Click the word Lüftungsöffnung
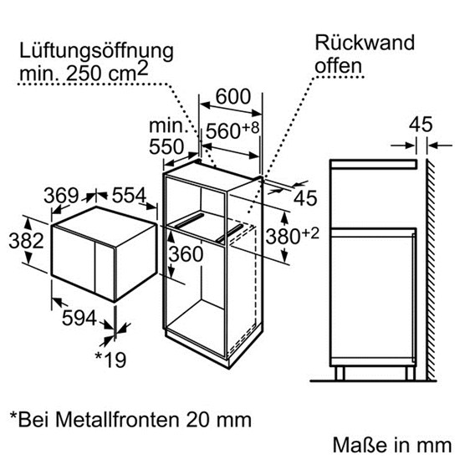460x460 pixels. pos(96,53)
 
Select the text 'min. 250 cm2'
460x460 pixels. pos(84,73)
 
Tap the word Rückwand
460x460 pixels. pos(365,43)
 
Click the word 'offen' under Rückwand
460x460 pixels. pos(338,66)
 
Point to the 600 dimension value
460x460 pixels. pos(233,96)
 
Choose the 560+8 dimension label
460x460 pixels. pos(233,130)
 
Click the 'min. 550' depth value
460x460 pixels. pos(168,136)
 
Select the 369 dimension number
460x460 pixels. pos(61,196)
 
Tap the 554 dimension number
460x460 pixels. pos(129,195)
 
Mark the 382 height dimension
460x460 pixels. pos(27,241)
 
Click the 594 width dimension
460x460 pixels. pos(79,318)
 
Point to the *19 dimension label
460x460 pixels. pos(110,360)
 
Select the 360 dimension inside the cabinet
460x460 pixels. pos(186,253)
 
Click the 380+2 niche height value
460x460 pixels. pos(292,236)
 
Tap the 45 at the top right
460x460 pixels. pos(421,125)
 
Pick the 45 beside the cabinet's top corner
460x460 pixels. pos(305,198)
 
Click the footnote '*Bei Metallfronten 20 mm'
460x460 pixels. pos(130,419)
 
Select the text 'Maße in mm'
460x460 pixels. pos(392,445)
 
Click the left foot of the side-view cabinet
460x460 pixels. pos(340,373)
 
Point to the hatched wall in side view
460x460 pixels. pos(431,270)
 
